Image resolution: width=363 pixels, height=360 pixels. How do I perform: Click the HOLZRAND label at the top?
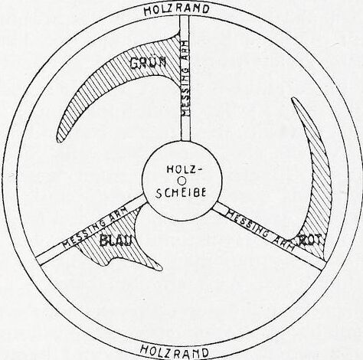pos(177,10)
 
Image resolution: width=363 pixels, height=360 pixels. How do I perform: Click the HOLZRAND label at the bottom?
pos(175,352)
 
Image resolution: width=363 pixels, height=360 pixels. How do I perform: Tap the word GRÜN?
pos(148,63)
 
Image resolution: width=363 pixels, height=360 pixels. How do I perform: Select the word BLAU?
pos(116,241)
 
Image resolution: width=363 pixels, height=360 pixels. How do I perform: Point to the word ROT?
pos(311,240)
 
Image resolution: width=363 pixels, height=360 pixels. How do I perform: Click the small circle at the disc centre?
pos(182,181)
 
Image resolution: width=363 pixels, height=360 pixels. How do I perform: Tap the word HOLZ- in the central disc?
pos(182,169)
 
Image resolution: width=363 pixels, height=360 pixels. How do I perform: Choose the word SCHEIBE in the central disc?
pos(181,193)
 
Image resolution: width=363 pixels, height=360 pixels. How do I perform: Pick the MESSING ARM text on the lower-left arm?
pos(95,227)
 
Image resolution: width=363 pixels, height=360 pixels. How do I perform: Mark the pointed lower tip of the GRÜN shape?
pos(59,140)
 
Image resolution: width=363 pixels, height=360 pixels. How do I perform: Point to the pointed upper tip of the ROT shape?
pos(293,99)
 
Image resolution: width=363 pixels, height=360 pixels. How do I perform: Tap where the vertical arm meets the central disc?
pos(185,141)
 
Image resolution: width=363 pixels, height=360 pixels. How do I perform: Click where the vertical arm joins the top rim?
pos(185,16)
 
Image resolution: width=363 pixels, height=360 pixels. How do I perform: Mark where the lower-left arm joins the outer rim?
pos(38,261)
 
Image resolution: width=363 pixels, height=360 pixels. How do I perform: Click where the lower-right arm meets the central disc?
pos(215,206)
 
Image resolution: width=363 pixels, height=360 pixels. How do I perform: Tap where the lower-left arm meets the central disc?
pos(145,198)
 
